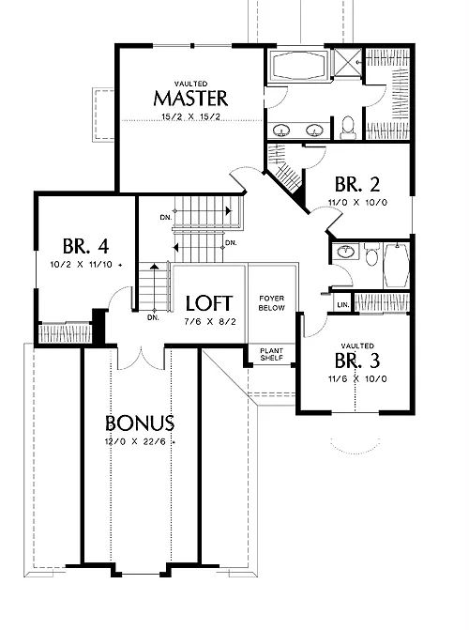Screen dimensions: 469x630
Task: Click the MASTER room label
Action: pos(190,98)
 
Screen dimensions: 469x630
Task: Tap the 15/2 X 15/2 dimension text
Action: pos(190,117)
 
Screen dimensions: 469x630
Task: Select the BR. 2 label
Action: pos(357,184)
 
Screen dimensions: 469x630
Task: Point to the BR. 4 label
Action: pos(86,246)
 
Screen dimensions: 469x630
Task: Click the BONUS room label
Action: pos(140,423)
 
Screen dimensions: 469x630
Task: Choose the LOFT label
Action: pos(209,303)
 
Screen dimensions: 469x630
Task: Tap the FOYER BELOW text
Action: pos(272,303)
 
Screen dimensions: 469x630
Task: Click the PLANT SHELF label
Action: pos(271,354)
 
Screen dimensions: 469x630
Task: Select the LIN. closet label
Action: pos(343,305)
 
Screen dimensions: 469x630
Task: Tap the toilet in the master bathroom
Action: pos(347,126)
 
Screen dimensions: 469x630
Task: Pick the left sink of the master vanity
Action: pos(281,131)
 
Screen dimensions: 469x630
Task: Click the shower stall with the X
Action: pos(348,61)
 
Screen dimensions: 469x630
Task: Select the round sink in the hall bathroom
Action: pos(345,252)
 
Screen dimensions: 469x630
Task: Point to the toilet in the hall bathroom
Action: pos(371,254)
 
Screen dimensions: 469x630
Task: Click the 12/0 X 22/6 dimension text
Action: pos(140,442)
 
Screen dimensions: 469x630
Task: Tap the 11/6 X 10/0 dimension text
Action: pos(357,379)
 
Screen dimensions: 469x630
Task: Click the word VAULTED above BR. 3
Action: pos(357,346)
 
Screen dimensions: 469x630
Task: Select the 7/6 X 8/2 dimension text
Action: pos(209,322)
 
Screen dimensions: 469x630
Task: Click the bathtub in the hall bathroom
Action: pos(397,265)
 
